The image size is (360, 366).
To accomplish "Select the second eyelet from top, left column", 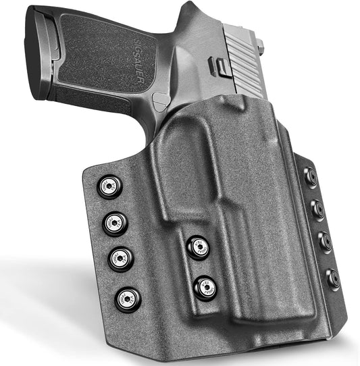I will point(114,222).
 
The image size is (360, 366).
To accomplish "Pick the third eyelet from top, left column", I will point(120,258).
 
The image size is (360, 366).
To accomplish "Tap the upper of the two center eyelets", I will point(198,247).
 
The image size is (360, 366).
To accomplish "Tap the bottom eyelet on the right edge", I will point(332,277).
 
